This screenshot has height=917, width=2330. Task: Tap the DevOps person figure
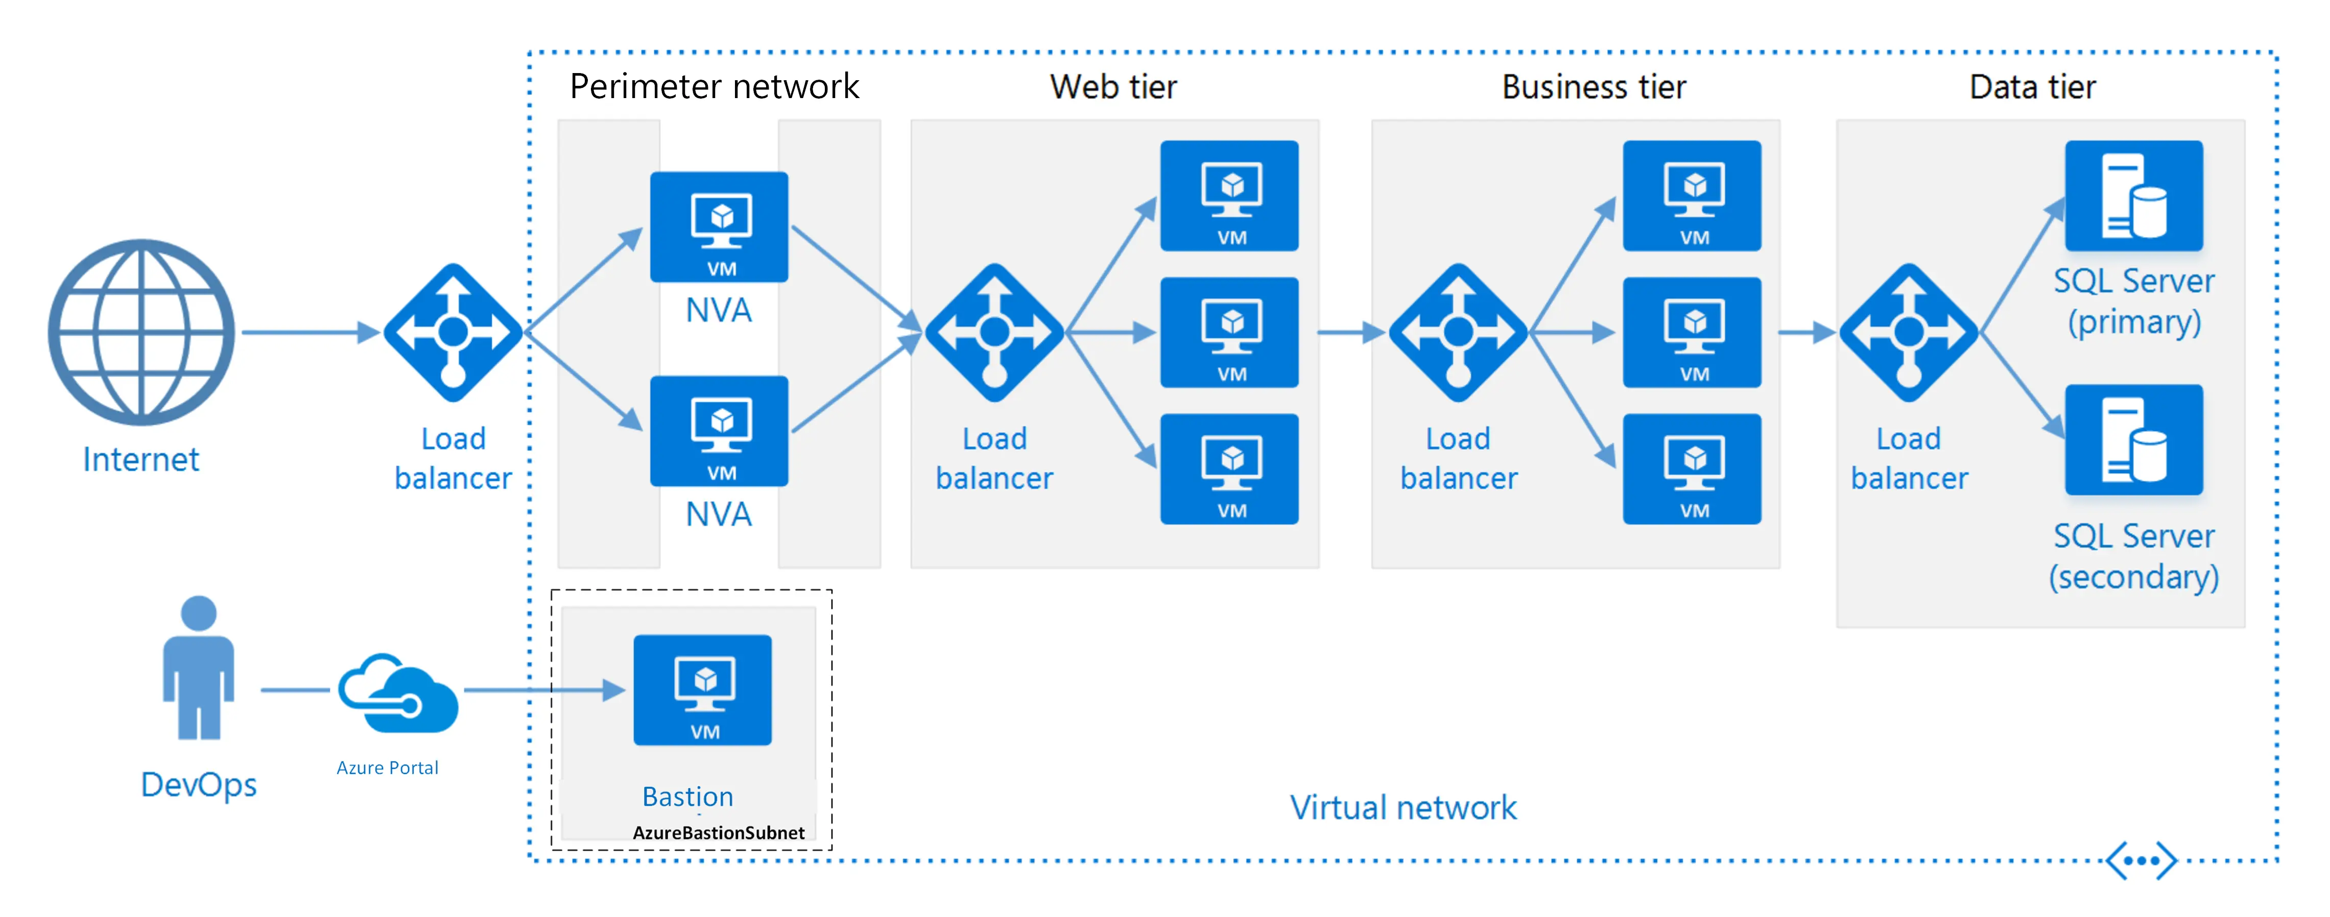198,667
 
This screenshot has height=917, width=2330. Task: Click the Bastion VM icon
703,690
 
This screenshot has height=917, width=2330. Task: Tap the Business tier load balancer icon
1458,333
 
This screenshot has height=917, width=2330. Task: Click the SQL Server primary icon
2134,195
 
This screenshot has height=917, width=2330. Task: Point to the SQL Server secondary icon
2134,439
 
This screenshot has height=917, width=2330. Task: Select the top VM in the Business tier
1692,195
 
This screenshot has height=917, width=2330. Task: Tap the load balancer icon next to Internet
453,333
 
